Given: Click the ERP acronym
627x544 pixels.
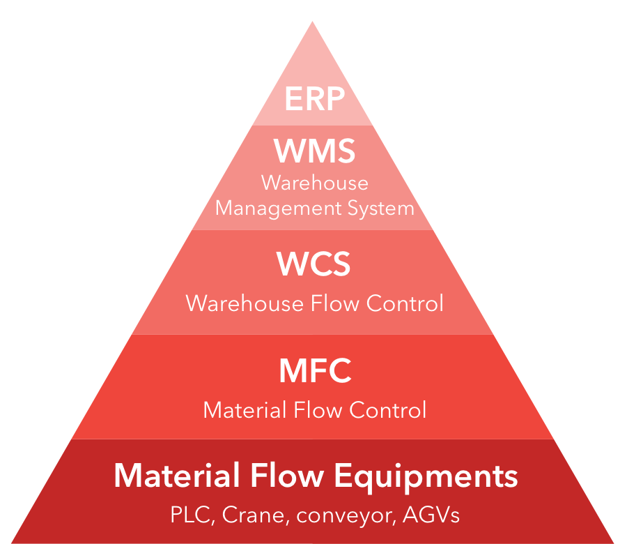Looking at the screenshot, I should (314, 100).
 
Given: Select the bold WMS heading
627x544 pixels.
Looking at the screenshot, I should (314, 151).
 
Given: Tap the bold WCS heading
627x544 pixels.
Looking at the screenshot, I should (313, 265).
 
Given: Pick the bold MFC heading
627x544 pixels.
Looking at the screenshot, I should (315, 371).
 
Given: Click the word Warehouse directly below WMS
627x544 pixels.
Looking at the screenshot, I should (314, 183).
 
